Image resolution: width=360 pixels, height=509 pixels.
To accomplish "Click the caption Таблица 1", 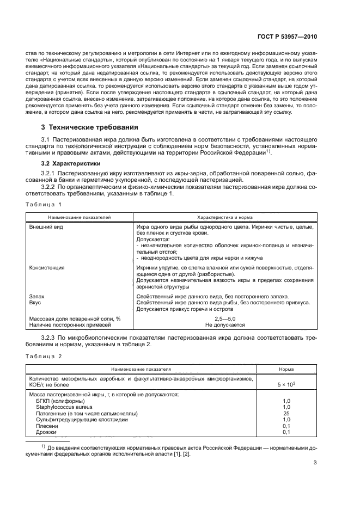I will (44, 204).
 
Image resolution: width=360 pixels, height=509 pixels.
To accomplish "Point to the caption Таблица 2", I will (44, 356).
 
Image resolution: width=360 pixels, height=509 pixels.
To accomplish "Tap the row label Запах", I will (36, 296).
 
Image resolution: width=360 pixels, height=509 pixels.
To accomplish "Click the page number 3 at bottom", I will (315, 463).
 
